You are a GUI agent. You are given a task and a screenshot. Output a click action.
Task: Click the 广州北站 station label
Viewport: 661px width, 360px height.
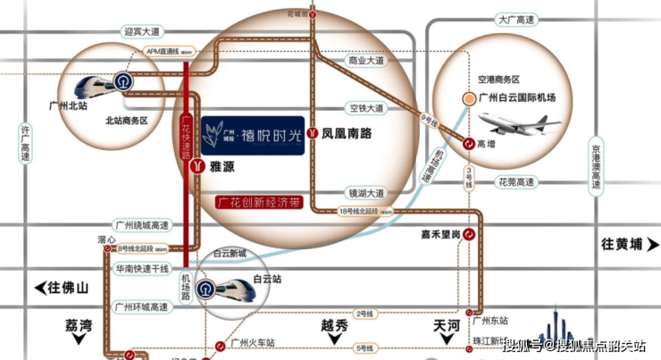pyautogui.click(x=70, y=105)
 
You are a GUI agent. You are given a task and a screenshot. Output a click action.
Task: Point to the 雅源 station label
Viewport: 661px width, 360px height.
pyautogui.click(x=222, y=166)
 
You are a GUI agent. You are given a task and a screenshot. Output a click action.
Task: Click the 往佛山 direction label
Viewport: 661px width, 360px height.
pyautogui.click(x=63, y=288)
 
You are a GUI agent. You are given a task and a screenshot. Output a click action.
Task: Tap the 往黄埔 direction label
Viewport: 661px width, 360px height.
pyautogui.click(x=623, y=244)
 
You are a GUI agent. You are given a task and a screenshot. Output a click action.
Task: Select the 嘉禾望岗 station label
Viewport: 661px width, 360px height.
pyautogui.click(x=440, y=234)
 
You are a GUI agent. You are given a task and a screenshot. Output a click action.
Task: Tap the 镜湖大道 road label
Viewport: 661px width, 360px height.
pyautogui.click(x=366, y=192)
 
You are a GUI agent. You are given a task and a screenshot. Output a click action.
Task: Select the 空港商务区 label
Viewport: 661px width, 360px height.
pyautogui.click(x=499, y=80)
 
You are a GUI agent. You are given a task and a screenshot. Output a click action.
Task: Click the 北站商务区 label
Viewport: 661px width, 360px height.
pyautogui.click(x=125, y=120)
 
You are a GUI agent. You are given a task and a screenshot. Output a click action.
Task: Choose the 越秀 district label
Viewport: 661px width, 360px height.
pyautogui.click(x=332, y=325)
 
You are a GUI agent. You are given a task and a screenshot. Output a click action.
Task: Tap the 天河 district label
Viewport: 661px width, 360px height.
pyautogui.click(x=445, y=324)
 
